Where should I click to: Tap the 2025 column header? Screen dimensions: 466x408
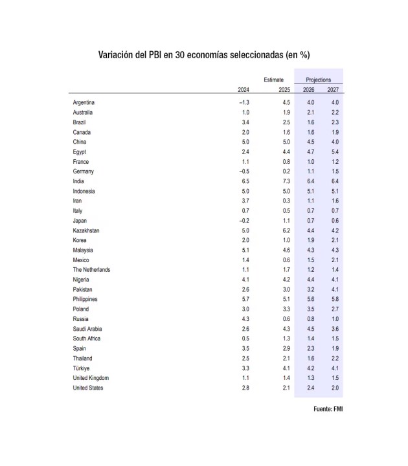tap(284, 89)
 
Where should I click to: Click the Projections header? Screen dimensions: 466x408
tap(318, 79)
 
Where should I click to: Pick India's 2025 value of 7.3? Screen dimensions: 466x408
tap(286, 181)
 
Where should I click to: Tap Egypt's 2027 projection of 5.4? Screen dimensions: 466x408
tap(334, 151)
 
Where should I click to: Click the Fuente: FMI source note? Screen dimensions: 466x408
tap(328, 409)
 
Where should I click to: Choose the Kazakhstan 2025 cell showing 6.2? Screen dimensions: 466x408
tap(286, 230)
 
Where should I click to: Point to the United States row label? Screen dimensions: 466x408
tap(87, 388)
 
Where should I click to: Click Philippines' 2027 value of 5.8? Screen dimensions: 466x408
tap(334, 299)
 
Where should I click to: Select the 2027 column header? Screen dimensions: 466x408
tap(333, 89)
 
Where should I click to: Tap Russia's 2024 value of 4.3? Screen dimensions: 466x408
tap(245, 319)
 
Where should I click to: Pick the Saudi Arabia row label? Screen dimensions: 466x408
tap(88, 329)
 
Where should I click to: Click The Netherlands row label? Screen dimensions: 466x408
tap(91, 269)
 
